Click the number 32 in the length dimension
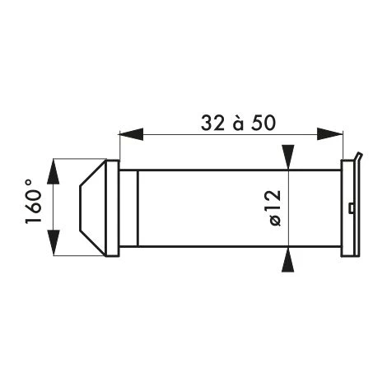point(212,123)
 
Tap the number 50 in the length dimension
point(263,123)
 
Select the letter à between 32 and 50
point(238,124)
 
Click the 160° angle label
point(34,202)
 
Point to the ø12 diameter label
point(275,207)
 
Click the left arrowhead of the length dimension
point(131,134)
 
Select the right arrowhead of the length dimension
point(330,134)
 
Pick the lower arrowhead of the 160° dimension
point(53,242)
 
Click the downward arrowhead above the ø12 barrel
point(288,157)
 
